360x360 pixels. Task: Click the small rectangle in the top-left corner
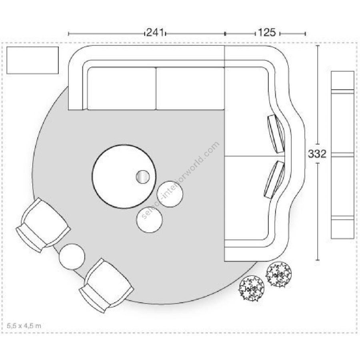click(x=33, y=60)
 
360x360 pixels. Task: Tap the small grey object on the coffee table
click(x=142, y=176)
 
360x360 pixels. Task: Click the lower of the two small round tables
click(x=150, y=220)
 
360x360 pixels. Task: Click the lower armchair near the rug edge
click(x=106, y=285)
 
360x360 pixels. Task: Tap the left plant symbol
click(x=252, y=288)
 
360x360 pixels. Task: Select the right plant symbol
click(x=279, y=274)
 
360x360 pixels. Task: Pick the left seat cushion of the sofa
click(x=122, y=88)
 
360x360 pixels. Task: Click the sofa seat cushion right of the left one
click(x=190, y=88)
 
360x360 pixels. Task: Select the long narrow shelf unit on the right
click(x=343, y=155)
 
